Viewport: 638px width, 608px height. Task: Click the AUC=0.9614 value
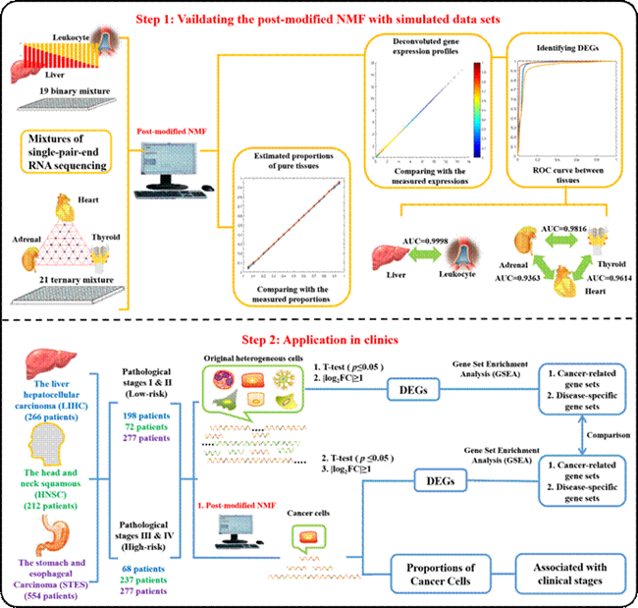599,280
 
